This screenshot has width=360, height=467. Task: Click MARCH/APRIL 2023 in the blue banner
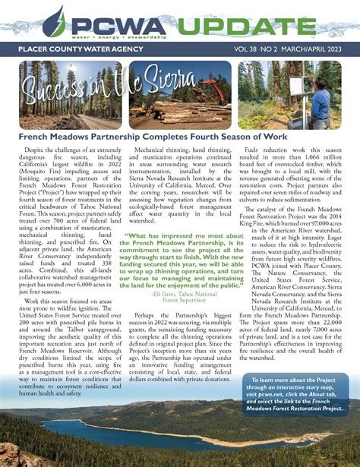point(315,49)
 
